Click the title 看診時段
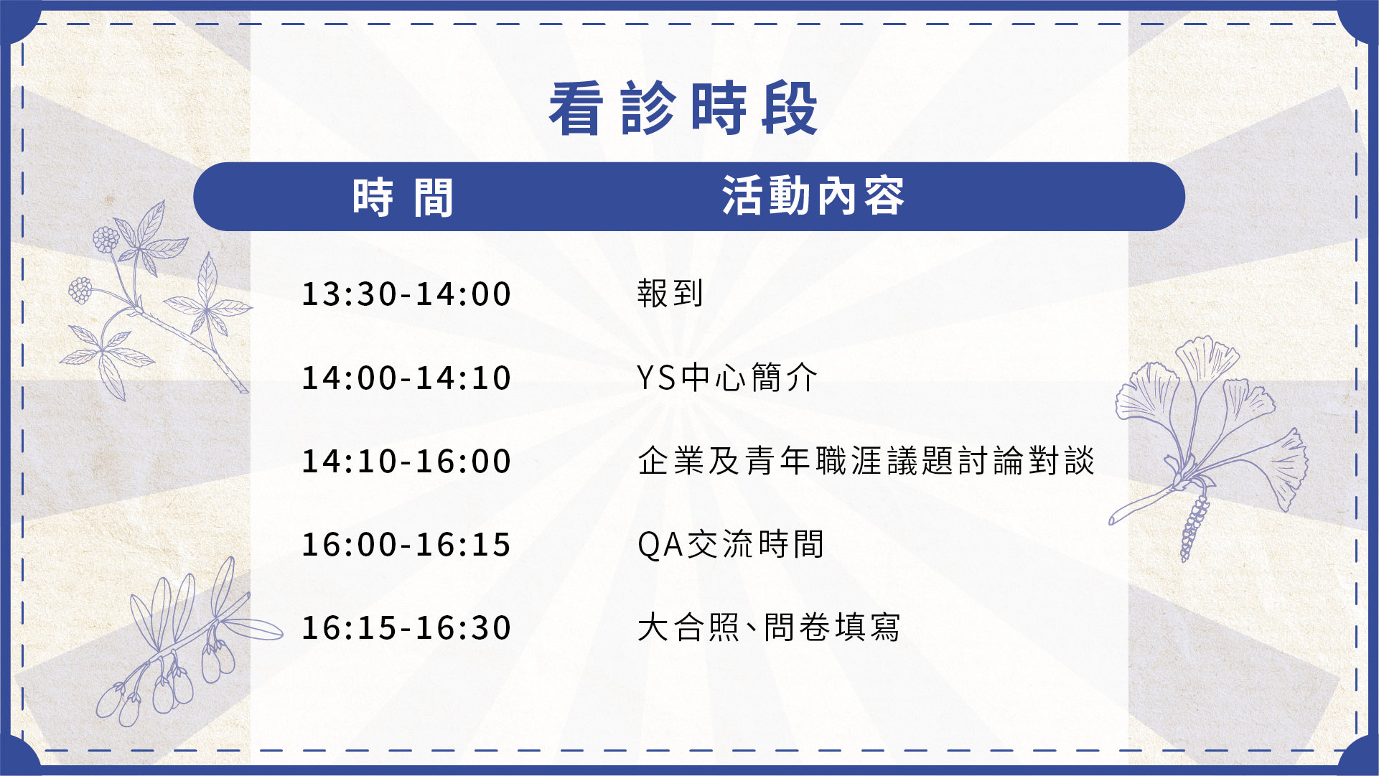click(x=683, y=108)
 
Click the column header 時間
click(x=403, y=197)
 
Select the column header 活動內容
click(x=813, y=196)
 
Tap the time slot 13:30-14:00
click(x=406, y=294)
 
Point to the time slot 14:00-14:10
click(x=406, y=378)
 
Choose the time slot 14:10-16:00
click(x=406, y=462)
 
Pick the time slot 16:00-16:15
click(x=406, y=545)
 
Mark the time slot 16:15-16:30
click(x=406, y=628)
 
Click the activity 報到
click(x=670, y=294)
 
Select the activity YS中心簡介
click(x=727, y=378)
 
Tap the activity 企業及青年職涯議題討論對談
click(x=866, y=461)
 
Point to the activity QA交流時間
click(x=731, y=544)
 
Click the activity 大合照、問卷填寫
click(x=769, y=627)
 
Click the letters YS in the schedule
click(x=657, y=378)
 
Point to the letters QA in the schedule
click(x=660, y=545)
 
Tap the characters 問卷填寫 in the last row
click(x=832, y=627)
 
